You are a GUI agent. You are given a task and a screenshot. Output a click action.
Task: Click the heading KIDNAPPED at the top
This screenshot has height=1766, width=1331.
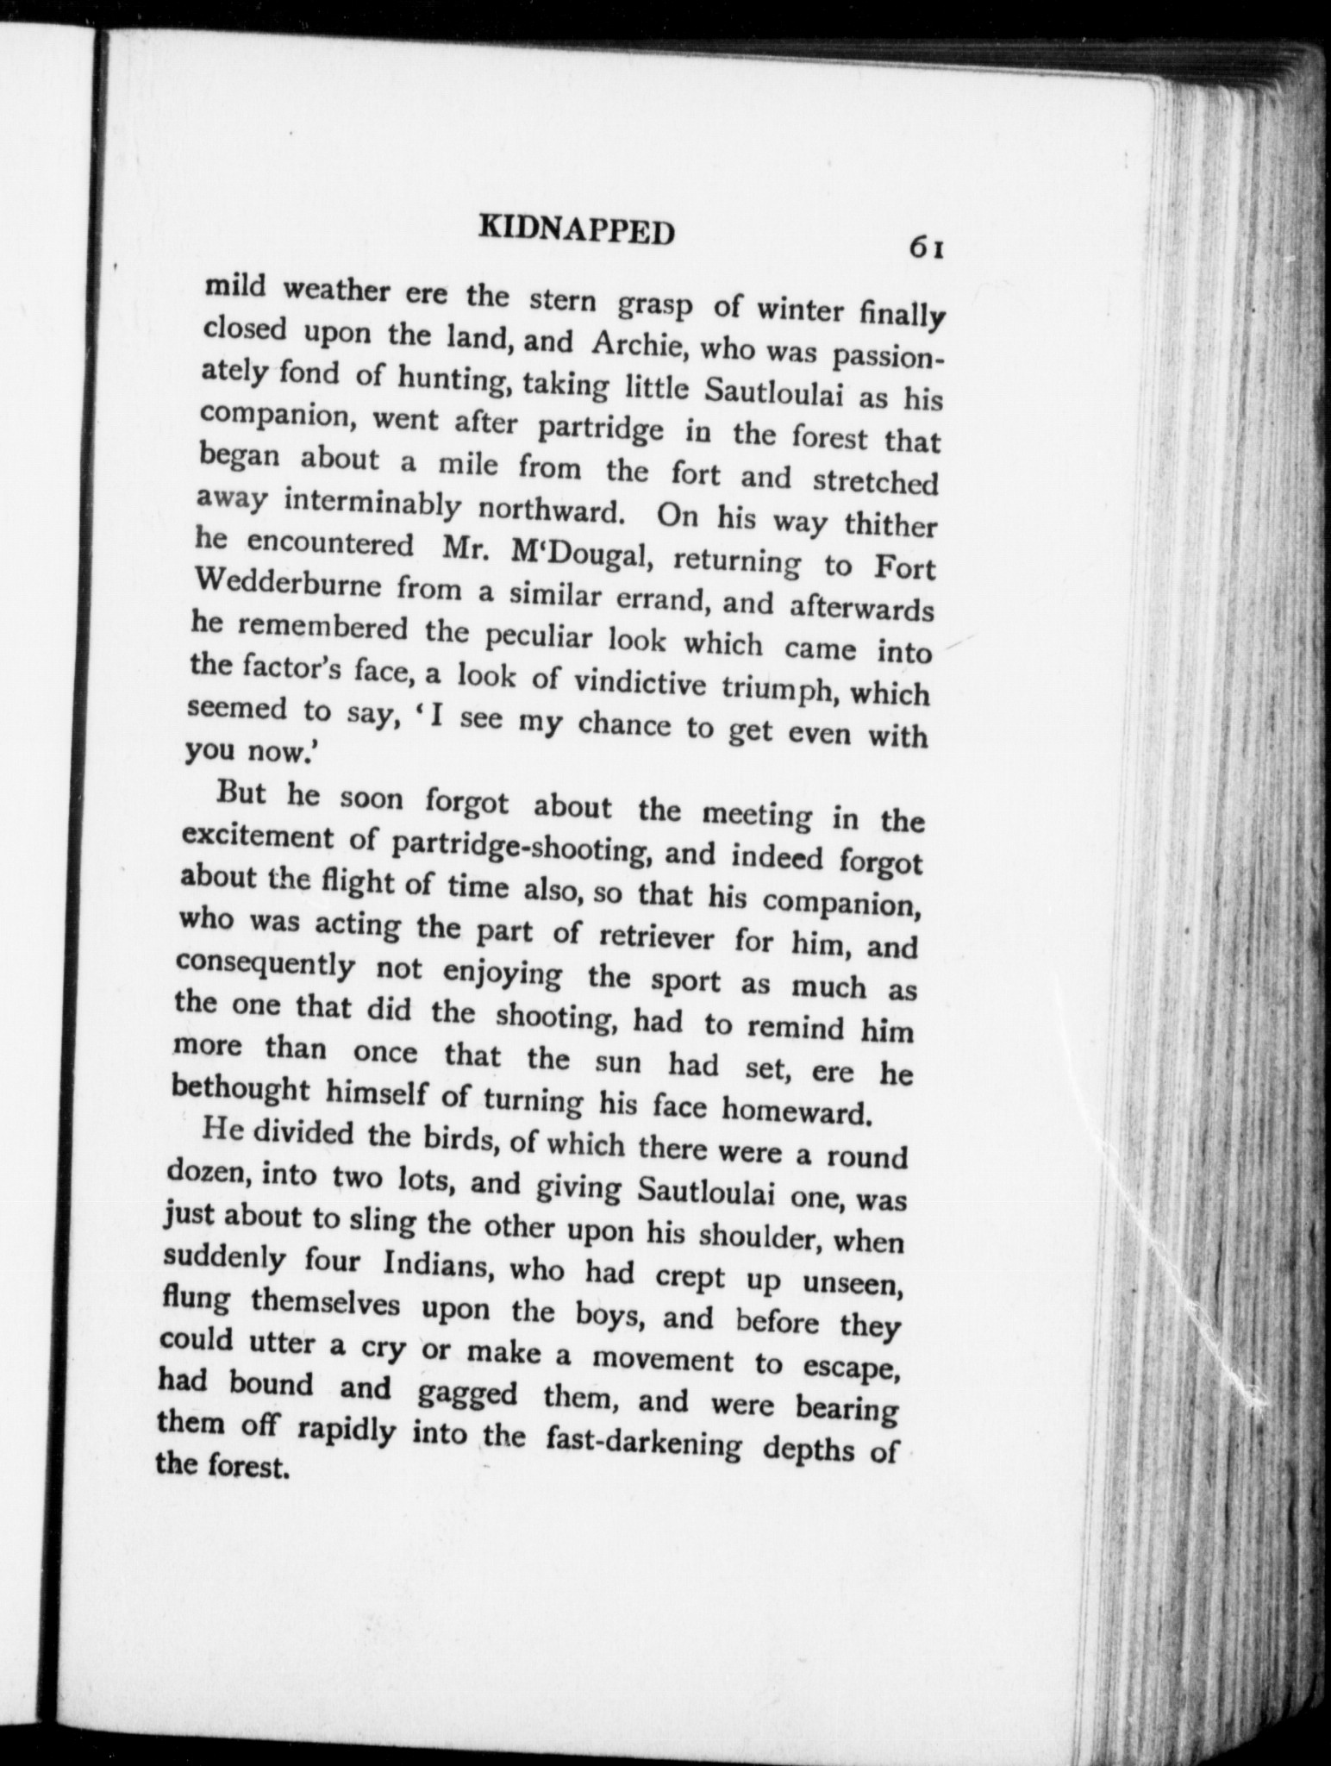[x=576, y=231]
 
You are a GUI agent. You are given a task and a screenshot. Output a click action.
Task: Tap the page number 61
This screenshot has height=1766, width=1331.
[x=927, y=247]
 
